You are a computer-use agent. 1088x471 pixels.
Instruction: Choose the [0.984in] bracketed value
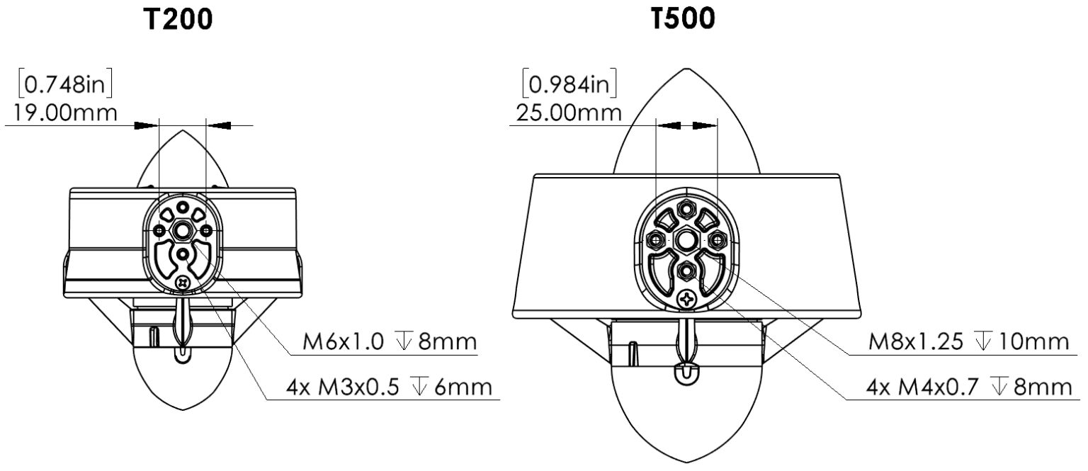[x=569, y=85]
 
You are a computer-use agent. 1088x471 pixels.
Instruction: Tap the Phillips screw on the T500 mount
[x=687, y=299]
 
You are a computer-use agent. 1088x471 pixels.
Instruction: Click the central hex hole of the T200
[x=183, y=231]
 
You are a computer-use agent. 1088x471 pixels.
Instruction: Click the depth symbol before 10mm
[x=999, y=342]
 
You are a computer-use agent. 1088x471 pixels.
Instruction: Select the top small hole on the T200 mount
[x=183, y=208]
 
